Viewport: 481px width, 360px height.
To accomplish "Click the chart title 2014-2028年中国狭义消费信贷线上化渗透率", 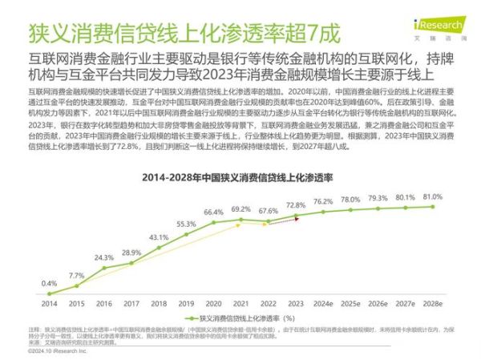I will click(x=240, y=176).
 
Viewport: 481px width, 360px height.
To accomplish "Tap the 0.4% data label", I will click(x=50, y=283).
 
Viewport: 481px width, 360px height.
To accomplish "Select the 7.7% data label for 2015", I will click(x=76, y=275).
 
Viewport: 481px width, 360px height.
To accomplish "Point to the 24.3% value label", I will click(x=103, y=257).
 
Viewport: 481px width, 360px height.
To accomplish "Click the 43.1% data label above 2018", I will click(x=159, y=237).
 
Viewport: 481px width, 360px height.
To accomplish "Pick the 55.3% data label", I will click(x=186, y=224).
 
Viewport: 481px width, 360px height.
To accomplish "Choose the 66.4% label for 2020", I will click(x=213, y=212).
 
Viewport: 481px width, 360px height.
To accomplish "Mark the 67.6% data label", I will click(x=269, y=211).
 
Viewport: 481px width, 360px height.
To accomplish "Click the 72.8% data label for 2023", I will click(x=296, y=206).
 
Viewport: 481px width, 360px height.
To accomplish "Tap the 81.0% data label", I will click(x=434, y=196).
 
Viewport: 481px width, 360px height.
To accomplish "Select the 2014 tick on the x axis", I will click(x=50, y=303).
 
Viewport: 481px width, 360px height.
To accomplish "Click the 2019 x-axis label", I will click(x=186, y=303).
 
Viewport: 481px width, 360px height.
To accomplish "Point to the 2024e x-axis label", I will click(x=323, y=303).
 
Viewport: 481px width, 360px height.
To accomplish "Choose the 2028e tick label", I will click(x=434, y=303).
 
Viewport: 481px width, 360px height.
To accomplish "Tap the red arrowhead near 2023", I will click(x=296, y=216).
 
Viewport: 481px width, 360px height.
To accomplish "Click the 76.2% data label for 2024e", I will click(x=323, y=201).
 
